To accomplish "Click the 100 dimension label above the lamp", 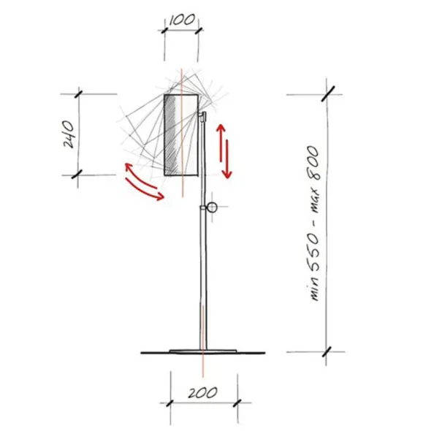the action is click(182, 20).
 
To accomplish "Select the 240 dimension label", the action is click(69, 134).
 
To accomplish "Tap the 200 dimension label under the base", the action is click(202, 392).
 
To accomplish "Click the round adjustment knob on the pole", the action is click(211, 207).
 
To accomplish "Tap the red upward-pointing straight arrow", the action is click(221, 143).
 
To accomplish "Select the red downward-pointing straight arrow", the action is click(227, 159).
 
